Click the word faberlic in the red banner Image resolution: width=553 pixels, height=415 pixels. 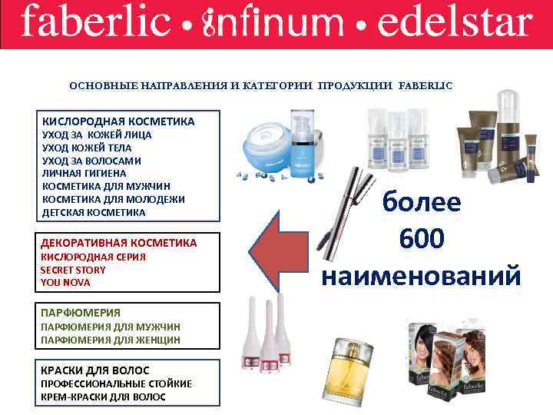click(x=95, y=23)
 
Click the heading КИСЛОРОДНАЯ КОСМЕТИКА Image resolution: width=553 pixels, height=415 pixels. click(x=118, y=121)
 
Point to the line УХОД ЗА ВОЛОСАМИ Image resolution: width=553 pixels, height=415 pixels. click(x=91, y=161)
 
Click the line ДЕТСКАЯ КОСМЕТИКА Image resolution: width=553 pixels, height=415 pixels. click(x=93, y=212)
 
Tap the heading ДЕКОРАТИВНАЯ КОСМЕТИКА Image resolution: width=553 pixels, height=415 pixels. click(x=119, y=243)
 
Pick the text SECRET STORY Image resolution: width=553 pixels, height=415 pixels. click(x=73, y=270)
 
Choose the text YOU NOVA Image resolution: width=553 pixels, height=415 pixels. click(x=65, y=282)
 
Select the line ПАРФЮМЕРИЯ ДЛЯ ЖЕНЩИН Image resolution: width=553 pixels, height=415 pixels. click(x=110, y=339)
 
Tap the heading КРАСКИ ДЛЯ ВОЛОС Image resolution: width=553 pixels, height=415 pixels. click(x=95, y=370)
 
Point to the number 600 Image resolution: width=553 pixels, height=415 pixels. click(x=420, y=239)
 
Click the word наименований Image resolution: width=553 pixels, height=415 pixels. click(x=421, y=274)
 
